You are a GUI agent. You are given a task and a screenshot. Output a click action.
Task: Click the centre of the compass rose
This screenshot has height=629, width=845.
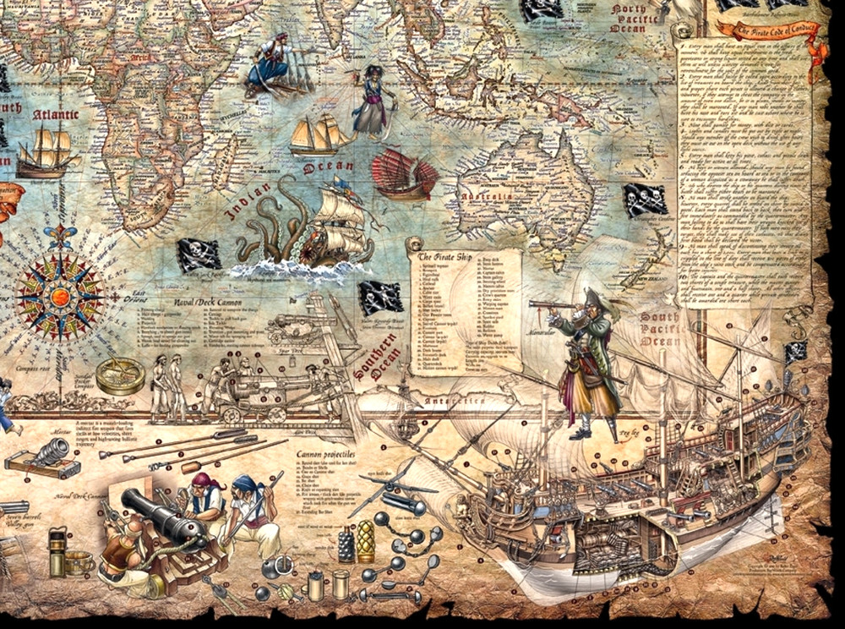pos(60,297)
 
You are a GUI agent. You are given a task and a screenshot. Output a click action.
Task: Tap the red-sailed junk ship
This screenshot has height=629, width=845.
pos(405,174)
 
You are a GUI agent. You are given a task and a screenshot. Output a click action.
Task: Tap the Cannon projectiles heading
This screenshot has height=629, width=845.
pos(325,455)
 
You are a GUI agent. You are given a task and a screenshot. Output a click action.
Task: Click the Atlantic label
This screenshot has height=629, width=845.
pos(56,114)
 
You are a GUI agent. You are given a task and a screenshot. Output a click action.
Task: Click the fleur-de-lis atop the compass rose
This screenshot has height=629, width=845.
pos(60,237)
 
